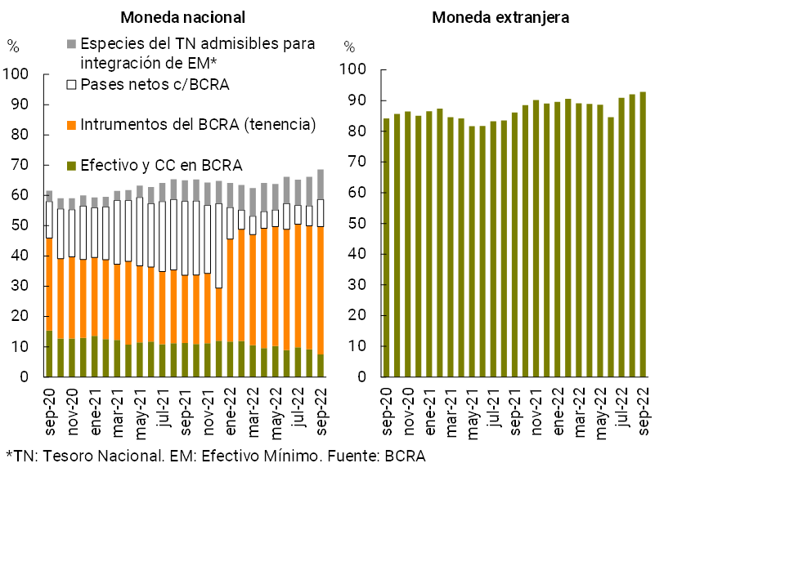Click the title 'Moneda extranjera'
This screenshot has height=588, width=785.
[500, 17]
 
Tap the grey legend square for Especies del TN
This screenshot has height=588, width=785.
[71, 43]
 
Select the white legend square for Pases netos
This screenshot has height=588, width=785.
[71, 84]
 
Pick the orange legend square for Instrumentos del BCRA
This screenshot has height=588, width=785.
[71, 125]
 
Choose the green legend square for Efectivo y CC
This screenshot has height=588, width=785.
[71, 166]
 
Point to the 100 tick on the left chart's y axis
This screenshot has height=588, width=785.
[16, 75]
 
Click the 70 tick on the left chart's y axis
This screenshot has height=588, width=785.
[19, 166]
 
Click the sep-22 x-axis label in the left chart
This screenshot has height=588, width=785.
[321, 401]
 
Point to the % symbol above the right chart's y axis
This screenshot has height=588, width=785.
[350, 47]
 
